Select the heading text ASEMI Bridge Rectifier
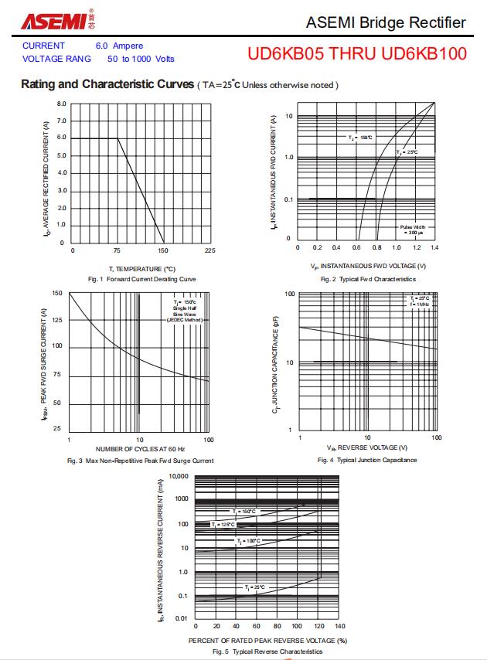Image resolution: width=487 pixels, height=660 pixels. point(386,22)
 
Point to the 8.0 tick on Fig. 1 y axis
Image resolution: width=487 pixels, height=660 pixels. point(62,104)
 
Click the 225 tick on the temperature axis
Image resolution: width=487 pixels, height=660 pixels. point(209,250)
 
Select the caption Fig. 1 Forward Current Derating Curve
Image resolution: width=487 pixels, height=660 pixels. point(142,279)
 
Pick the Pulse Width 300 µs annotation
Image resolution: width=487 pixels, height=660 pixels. point(412,229)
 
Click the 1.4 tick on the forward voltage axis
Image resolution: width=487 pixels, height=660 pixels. point(434,247)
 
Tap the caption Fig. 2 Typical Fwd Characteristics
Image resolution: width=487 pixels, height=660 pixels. point(368,279)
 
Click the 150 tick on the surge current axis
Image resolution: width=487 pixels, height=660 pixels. point(57,293)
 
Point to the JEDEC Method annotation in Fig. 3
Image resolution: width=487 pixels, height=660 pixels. point(184,319)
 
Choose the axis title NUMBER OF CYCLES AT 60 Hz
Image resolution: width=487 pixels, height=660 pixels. point(140,449)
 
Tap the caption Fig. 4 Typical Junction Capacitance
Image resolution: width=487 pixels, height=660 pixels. point(367,460)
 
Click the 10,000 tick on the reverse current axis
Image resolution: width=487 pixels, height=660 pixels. point(178,476)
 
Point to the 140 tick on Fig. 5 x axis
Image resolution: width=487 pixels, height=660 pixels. point(339,627)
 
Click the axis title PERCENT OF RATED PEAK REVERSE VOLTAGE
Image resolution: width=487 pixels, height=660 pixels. point(267,641)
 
